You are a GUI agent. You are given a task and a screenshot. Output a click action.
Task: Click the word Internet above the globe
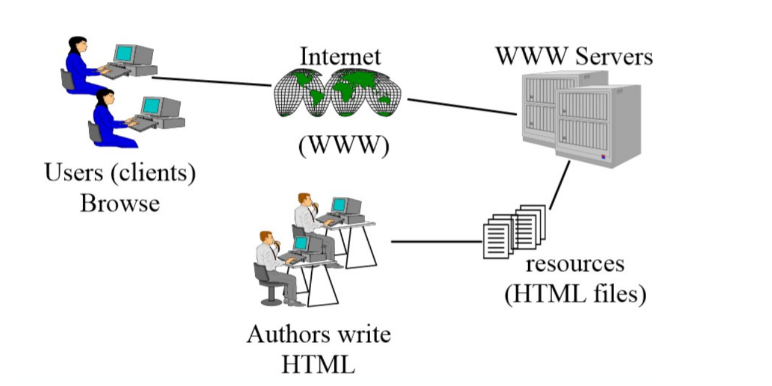click(x=340, y=57)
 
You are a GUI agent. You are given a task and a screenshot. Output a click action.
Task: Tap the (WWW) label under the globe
click(x=344, y=146)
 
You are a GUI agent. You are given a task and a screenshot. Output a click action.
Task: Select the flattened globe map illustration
click(x=337, y=92)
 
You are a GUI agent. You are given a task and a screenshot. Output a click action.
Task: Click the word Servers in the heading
click(x=614, y=57)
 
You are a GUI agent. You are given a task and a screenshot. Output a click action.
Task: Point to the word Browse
click(x=120, y=203)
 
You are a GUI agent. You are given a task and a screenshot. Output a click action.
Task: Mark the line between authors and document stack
click(x=436, y=242)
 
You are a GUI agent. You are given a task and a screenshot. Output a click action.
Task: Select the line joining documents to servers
click(x=559, y=185)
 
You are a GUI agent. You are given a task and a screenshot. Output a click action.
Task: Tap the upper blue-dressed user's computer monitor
click(x=125, y=54)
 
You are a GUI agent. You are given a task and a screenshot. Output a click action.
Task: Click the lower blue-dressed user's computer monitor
click(x=151, y=107)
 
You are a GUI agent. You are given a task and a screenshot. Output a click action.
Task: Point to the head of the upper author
click(x=305, y=200)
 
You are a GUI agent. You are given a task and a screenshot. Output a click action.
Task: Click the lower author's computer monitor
click(x=301, y=243)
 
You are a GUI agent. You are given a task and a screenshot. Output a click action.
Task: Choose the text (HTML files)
click(x=575, y=294)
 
